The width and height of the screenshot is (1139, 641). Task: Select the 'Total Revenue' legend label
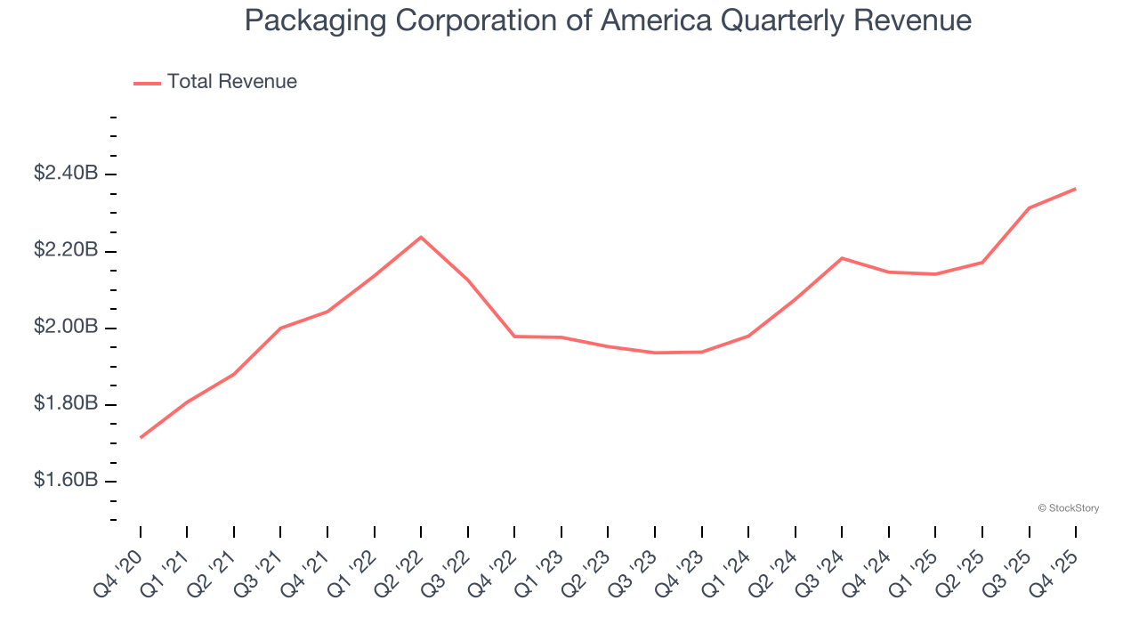[x=231, y=82]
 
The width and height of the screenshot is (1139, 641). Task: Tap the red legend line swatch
[x=147, y=83]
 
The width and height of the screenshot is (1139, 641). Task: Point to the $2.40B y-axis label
[x=66, y=174]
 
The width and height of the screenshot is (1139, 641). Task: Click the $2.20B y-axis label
[x=66, y=250]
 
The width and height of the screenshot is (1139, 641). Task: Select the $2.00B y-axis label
[x=66, y=328]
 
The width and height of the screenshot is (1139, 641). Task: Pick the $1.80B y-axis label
[x=66, y=404]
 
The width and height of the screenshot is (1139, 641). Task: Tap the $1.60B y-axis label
[x=66, y=481]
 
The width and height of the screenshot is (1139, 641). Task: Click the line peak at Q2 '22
[x=421, y=237]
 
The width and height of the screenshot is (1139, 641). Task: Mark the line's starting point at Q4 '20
[x=141, y=437]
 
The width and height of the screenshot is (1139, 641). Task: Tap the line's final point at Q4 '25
[x=1075, y=189]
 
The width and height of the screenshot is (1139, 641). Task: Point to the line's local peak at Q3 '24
[x=842, y=258]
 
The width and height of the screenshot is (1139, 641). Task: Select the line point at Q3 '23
[x=655, y=353]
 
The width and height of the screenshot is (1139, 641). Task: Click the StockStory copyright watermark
[x=1068, y=508]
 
